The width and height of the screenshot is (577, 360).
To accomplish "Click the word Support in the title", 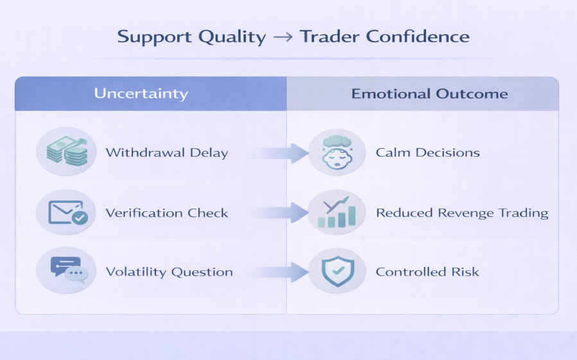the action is coord(155,37).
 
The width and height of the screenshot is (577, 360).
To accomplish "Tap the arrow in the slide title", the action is coord(283,37).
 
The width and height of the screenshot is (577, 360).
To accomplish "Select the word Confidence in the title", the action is coord(418,37).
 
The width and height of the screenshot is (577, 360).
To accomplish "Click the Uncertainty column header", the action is coord(141,94).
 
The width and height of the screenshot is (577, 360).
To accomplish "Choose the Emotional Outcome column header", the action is coord(429,94).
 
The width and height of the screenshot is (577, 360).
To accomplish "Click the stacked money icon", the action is coord(67,151).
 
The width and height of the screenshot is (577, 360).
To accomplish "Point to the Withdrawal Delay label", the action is coord(167,152).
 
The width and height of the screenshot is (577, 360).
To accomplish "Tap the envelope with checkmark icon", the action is coord(67,212).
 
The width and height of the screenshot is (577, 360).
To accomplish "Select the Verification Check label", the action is coord(167,213).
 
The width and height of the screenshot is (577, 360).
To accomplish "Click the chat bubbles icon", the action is coord(69,270).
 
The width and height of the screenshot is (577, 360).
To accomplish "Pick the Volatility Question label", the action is coord(169,272).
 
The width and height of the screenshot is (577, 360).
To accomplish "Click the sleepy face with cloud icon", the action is coord(337,152).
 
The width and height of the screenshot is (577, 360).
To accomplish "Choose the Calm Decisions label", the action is coord(427,152).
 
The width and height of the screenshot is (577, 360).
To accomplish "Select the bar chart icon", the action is coord(337,213).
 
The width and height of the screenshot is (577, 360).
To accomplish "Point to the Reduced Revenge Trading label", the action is coord(462,213).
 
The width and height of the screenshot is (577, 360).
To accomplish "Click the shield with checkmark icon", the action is coord(338,271).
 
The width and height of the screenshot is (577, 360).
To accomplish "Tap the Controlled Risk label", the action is coord(427,272).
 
